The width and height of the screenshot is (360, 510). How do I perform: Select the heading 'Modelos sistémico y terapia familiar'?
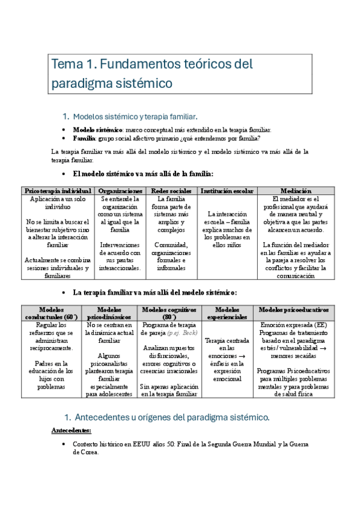pos(144,116)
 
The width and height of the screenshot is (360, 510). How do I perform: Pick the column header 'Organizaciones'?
pos(120,191)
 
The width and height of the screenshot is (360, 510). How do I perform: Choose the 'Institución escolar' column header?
pos(227,191)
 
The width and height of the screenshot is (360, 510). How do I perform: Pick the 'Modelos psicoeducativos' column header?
pos(294,309)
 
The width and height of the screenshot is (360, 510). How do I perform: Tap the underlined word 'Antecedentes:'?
pos(72,431)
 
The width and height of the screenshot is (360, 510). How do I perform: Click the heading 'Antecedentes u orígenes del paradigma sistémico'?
pos(175,417)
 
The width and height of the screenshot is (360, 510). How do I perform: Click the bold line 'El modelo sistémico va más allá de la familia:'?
pos(142,174)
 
